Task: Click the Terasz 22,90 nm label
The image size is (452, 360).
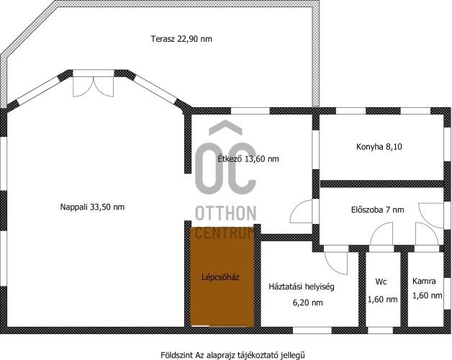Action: click(181, 39)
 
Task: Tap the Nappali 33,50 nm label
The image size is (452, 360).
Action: click(92, 207)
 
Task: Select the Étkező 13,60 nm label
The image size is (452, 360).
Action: click(248, 158)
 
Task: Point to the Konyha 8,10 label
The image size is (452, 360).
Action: click(379, 147)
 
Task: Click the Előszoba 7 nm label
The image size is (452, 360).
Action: click(378, 210)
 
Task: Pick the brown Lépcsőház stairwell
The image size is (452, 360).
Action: click(222, 277)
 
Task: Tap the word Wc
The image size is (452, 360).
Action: click(381, 282)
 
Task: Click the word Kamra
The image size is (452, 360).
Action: click(424, 281)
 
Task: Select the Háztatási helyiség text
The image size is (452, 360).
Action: click(302, 287)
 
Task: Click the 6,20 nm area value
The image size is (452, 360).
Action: click(307, 302)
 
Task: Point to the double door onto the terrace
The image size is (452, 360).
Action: click(93, 84)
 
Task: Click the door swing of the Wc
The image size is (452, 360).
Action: click(381, 234)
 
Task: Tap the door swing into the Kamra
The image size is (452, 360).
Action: click(427, 234)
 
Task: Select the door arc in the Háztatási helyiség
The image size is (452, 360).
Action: click(336, 263)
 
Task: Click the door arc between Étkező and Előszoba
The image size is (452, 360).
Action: click(301, 211)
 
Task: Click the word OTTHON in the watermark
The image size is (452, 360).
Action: click(226, 213)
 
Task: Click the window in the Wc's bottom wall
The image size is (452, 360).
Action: click(381, 330)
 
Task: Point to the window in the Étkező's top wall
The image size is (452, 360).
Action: click(250, 111)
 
